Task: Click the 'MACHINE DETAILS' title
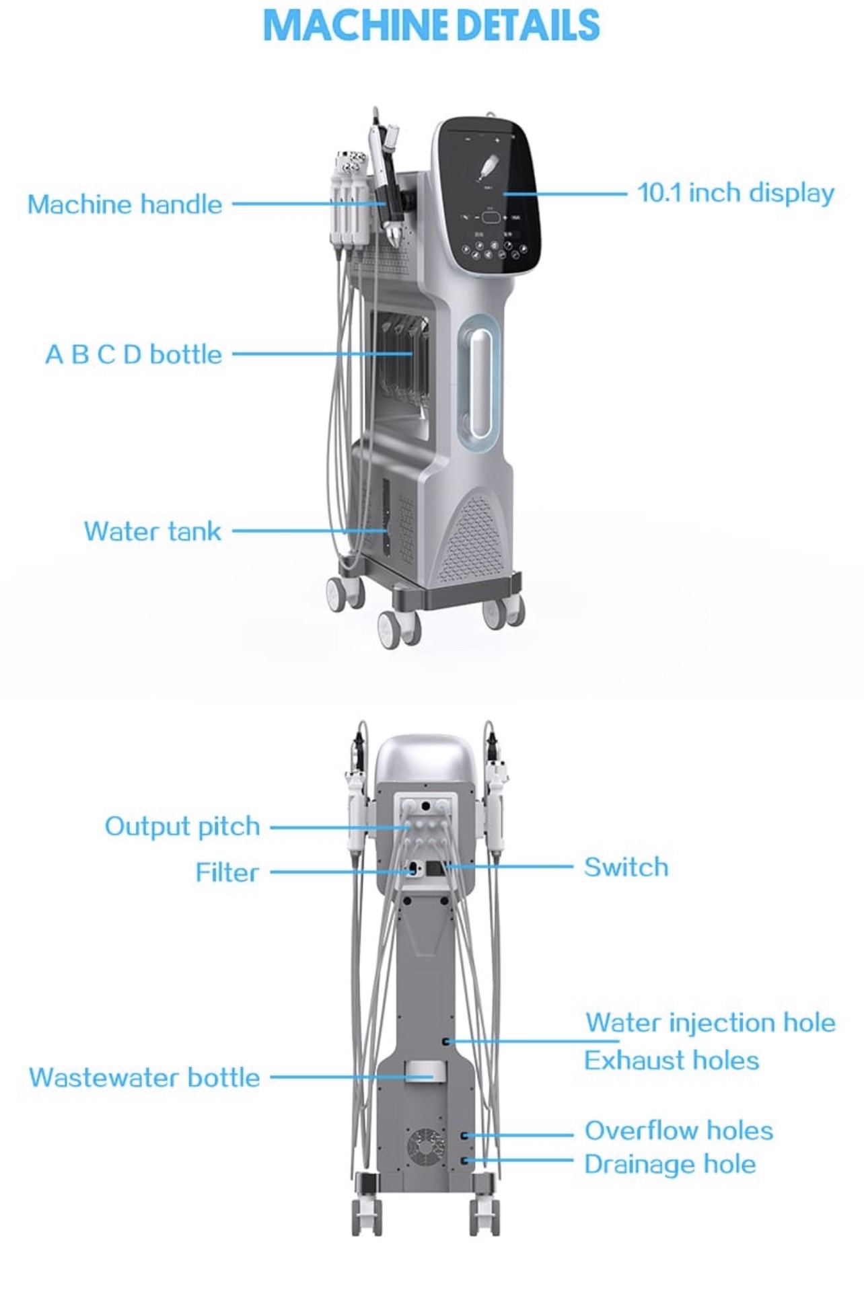(x=431, y=26)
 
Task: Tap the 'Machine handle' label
(x=124, y=204)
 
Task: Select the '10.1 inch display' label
(x=735, y=193)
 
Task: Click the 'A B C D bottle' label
(x=133, y=354)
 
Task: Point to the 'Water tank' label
(x=152, y=531)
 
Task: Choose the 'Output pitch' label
(x=182, y=827)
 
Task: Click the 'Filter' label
(x=227, y=873)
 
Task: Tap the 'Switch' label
(x=626, y=868)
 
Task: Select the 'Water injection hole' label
(x=710, y=1023)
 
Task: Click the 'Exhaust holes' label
(x=671, y=1061)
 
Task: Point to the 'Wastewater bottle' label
(x=144, y=1077)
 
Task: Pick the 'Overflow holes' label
(x=678, y=1131)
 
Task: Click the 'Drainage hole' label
(x=670, y=1164)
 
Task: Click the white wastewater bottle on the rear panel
(x=425, y=1071)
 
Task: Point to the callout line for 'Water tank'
(x=296, y=531)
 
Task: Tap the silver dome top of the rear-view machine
(x=425, y=757)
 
